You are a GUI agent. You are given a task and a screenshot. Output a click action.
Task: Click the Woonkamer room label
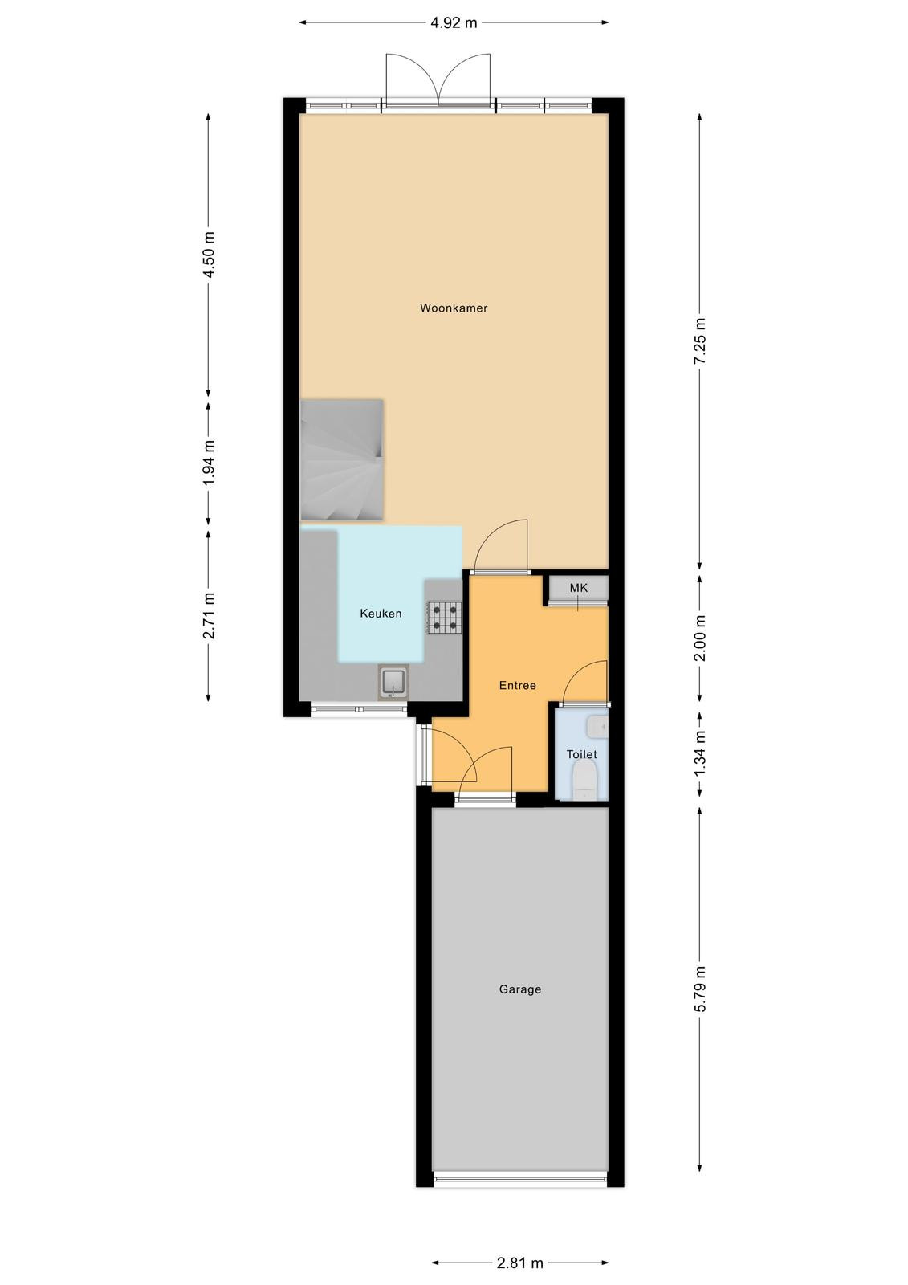point(454,308)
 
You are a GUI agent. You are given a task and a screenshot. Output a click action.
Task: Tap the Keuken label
point(381,614)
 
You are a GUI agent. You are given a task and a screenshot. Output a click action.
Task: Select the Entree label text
point(517,685)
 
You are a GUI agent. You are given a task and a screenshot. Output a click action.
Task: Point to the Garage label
point(519,989)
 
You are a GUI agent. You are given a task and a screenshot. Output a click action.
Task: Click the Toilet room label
point(581,754)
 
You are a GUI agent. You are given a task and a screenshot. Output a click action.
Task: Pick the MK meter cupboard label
point(579,588)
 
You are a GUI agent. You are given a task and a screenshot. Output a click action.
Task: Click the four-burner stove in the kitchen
point(444,618)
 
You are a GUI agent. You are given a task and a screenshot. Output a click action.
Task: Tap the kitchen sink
point(393,682)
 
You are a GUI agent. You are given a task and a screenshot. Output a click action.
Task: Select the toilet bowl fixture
point(584,780)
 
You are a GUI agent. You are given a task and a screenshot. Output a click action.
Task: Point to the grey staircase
point(342,460)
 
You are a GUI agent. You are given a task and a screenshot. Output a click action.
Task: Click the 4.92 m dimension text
point(454,23)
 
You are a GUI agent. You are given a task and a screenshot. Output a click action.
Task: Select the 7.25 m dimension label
point(700,341)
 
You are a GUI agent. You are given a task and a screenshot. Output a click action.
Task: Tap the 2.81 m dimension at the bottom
point(519,1258)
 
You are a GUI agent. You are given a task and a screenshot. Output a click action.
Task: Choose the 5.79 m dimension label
point(700,990)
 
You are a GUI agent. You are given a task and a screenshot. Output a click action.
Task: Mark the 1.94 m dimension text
point(209,463)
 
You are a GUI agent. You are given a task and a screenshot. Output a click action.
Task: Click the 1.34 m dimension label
point(700,755)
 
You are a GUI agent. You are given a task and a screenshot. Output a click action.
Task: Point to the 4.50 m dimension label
point(209,255)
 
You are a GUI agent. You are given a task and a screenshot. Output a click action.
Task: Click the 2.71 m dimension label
point(209,615)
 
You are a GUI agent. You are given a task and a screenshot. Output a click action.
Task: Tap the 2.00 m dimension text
point(700,638)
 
